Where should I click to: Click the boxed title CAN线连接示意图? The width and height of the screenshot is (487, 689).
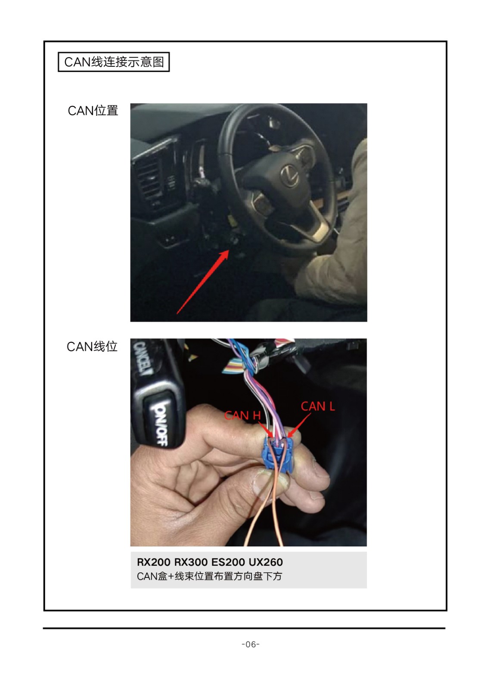pyautogui.click(x=114, y=62)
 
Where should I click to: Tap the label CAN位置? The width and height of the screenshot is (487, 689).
pyautogui.click(x=93, y=111)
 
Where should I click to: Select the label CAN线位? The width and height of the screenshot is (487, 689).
pyautogui.click(x=92, y=347)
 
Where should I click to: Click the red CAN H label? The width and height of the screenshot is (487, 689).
pyautogui.click(x=242, y=416)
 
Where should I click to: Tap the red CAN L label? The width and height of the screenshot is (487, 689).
pyautogui.click(x=318, y=407)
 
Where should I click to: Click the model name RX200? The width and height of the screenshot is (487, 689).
pyautogui.click(x=154, y=562)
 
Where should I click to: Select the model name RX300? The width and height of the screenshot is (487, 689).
pyautogui.click(x=191, y=562)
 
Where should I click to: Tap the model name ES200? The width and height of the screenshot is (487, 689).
pyautogui.click(x=228, y=562)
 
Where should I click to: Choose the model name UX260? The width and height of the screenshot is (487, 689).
pyautogui.click(x=266, y=562)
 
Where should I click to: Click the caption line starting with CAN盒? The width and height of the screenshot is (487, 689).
pyautogui.click(x=209, y=576)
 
